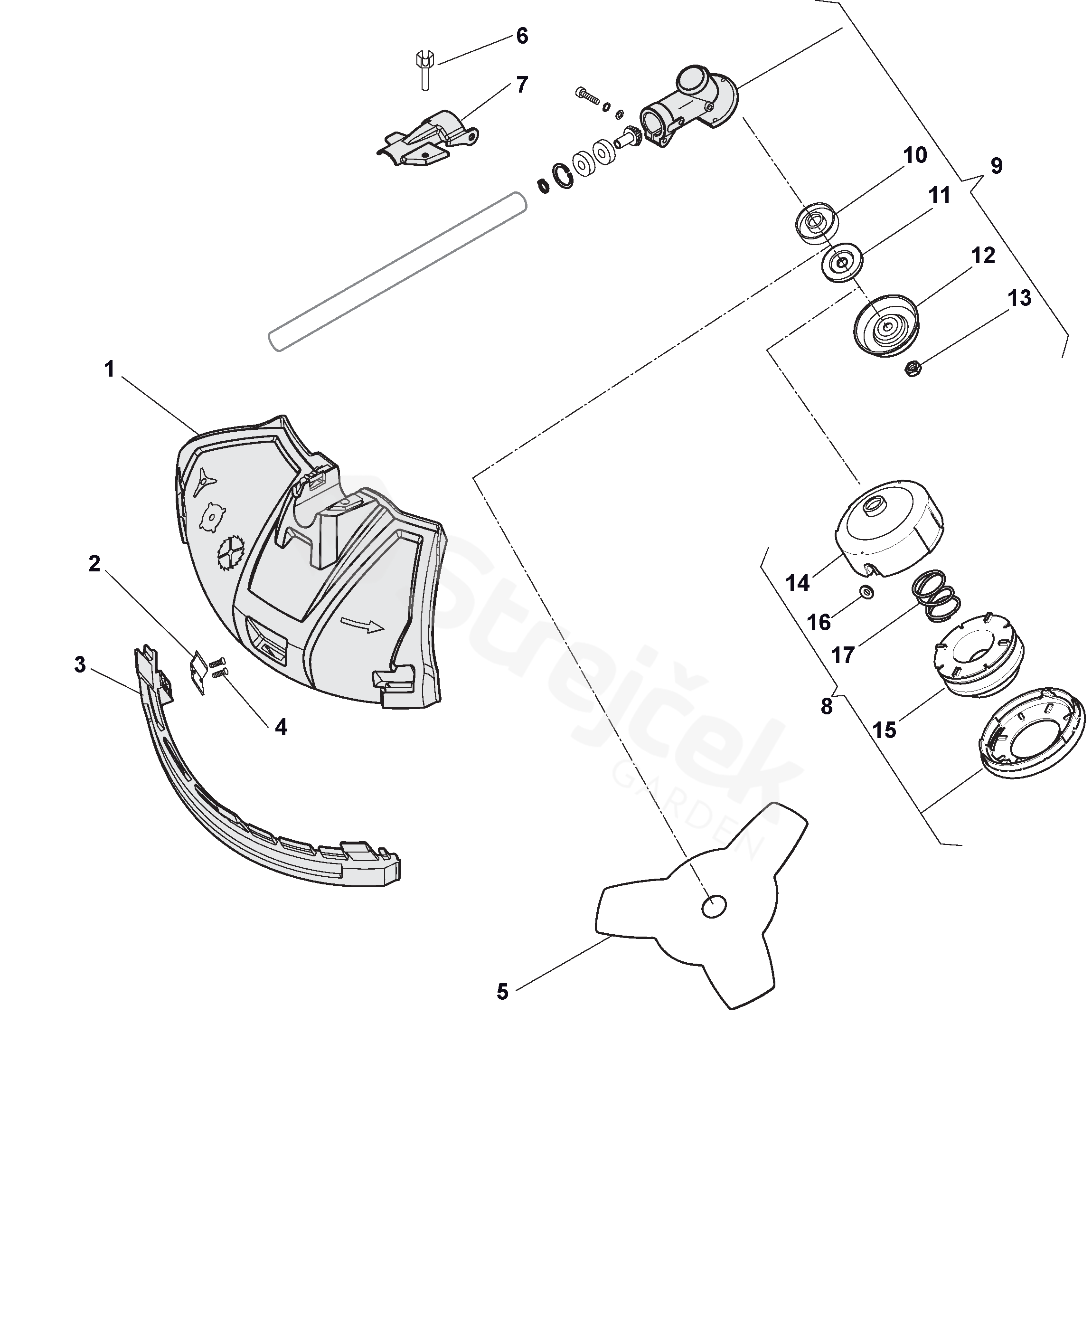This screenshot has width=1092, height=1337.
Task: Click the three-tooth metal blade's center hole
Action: [714, 906]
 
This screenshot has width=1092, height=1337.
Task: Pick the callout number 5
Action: [502, 992]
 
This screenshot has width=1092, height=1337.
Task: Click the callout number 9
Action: [997, 166]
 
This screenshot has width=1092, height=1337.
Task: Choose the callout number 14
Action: [798, 583]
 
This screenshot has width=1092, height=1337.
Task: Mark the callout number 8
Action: [827, 707]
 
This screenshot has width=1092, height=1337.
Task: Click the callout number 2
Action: [94, 564]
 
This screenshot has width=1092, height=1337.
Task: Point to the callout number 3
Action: [80, 664]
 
